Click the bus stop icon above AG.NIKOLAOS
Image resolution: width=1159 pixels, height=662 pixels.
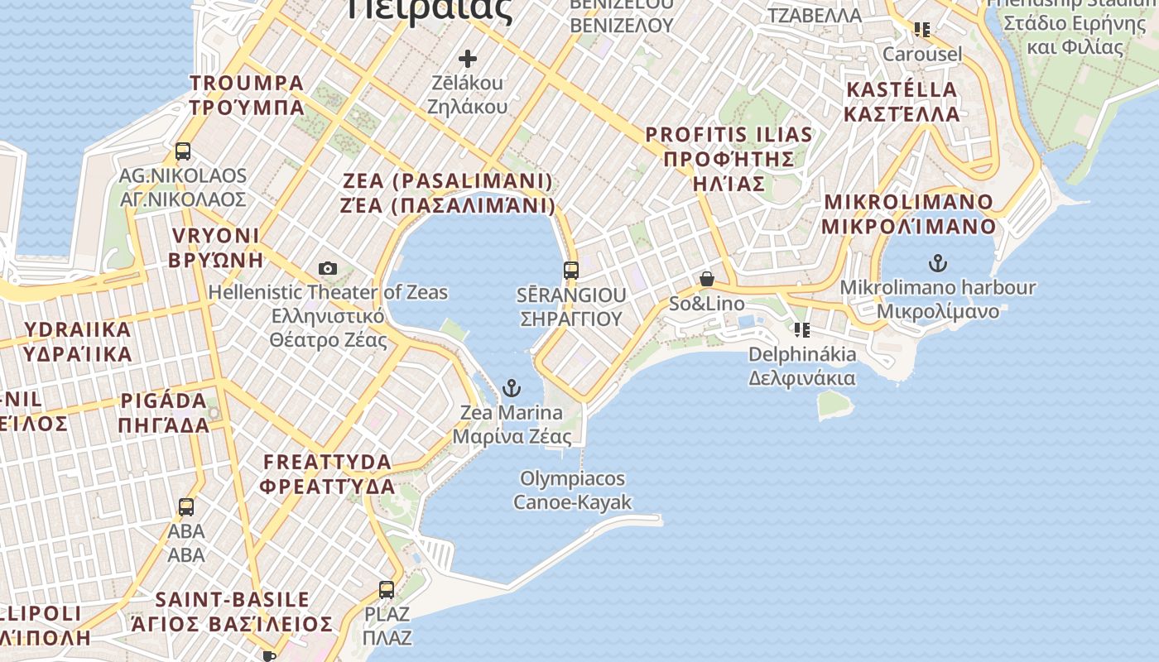point(183,151)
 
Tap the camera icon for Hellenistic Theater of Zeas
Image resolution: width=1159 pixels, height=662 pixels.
point(328,268)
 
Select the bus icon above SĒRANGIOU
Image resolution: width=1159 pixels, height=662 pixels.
point(571,270)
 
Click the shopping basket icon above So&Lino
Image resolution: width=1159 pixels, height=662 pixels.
point(707,280)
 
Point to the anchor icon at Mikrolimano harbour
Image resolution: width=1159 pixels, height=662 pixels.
point(937,264)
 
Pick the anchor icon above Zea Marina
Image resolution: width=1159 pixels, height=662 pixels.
point(512,388)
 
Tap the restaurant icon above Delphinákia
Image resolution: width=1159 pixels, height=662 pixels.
point(801,330)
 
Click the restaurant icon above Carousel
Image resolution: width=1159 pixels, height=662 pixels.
point(922,30)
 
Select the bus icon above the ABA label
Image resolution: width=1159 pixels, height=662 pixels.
point(186,507)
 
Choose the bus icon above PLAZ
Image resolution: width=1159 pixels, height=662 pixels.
point(387,590)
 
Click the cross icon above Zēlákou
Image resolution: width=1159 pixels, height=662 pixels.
point(468,59)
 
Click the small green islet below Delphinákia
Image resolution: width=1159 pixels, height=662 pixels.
point(834,403)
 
